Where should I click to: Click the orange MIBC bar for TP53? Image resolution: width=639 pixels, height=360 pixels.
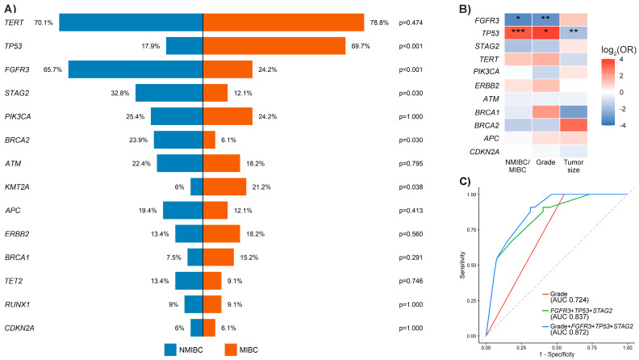click(274, 46)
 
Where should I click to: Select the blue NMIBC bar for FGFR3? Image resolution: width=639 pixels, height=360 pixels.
click(136, 69)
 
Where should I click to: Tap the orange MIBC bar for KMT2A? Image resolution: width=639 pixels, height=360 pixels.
click(224, 186)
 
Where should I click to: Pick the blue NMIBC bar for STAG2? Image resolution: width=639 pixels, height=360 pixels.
click(169, 93)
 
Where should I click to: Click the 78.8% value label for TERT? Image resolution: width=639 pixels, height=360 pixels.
click(379, 23)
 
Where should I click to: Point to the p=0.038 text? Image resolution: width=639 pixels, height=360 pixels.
click(411, 187)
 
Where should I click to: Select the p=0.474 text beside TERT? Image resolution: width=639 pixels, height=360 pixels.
click(411, 23)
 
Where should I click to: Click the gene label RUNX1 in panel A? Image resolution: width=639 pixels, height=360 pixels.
click(17, 304)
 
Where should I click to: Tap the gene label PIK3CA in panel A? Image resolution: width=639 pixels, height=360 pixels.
click(18, 116)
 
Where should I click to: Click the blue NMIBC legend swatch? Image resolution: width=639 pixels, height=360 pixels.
click(170, 350)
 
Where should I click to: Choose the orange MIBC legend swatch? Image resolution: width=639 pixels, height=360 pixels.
click(231, 350)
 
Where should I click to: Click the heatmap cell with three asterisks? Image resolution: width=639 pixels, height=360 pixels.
click(518, 32)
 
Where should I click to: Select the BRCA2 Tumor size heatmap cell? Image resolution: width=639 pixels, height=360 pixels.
click(574, 125)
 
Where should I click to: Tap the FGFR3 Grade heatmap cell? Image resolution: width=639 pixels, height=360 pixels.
click(545, 19)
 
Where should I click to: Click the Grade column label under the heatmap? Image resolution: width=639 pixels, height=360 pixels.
click(545, 162)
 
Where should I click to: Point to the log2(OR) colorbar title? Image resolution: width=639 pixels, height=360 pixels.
click(619, 50)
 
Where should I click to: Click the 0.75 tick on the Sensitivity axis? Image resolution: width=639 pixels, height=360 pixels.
click(471, 230)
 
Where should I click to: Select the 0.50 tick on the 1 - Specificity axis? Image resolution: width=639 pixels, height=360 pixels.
click(557, 347)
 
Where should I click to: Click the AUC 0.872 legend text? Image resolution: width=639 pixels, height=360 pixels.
click(570, 333)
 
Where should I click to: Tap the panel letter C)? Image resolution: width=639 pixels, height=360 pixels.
click(465, 181)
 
